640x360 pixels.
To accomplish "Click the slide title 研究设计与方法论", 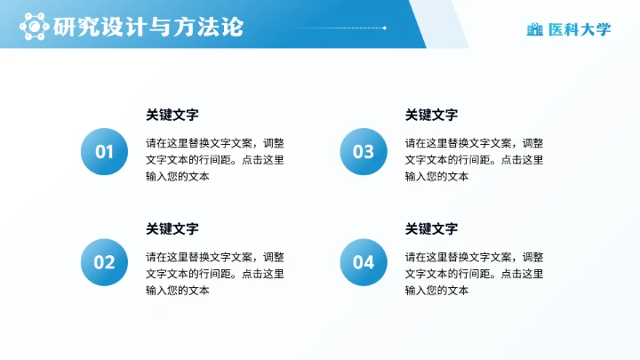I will [147, 28].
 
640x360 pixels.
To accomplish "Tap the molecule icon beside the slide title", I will [34, 28].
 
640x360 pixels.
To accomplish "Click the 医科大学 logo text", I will [580, 29].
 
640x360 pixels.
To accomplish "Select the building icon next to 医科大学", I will [535, 29].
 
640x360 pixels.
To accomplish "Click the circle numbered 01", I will [105, 152].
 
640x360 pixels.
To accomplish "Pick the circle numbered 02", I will [105, 262].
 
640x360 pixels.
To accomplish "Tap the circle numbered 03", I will [364, 152].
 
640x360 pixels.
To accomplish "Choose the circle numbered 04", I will [364, 262].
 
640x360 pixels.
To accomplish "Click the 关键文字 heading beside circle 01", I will [172, 115].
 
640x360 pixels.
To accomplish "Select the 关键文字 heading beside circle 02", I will [172, 228].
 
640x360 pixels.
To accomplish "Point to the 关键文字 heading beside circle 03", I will [432, 115].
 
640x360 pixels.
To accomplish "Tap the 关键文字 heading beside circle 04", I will [432, 228].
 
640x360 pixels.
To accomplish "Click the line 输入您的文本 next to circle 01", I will [178, 176].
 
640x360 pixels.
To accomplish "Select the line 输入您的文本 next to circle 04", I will [436, 290].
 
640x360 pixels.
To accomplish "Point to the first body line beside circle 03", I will [475, 142].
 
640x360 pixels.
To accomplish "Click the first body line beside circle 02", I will [215, 256].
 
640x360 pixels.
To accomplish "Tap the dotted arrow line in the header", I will [338, 28].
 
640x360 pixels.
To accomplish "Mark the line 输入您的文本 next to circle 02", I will [178, 290].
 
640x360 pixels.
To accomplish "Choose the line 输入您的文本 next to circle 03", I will [436, 176].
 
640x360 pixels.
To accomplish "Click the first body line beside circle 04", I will [475, 256].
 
